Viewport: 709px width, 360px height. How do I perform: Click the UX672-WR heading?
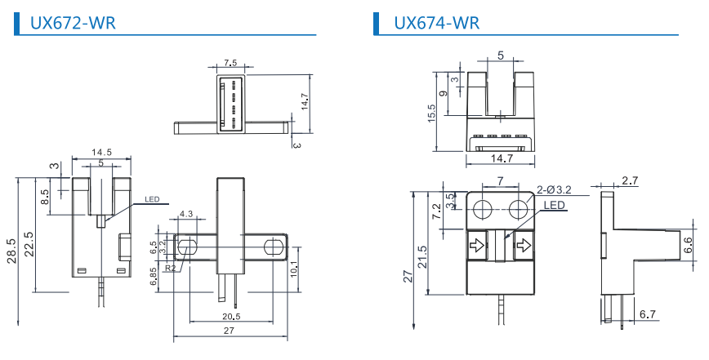tap(73, 23)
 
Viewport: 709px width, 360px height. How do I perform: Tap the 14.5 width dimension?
tap(101, 153)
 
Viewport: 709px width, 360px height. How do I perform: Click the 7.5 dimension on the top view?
tap(230, 63)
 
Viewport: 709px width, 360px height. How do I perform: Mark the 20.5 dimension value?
tap(231, 317)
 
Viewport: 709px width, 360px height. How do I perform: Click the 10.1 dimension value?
tap(294, 265)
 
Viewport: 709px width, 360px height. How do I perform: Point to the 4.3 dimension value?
tap(185, 214)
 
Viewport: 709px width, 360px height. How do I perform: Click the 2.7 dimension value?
tap(630, 180)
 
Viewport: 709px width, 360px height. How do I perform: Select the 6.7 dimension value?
tap(648, 314)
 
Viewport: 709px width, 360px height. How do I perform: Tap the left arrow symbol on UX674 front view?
tap(476, 242)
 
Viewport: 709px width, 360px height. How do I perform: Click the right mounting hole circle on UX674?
tap(520, 210)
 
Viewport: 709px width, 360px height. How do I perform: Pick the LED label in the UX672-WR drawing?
tap(152, 198)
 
